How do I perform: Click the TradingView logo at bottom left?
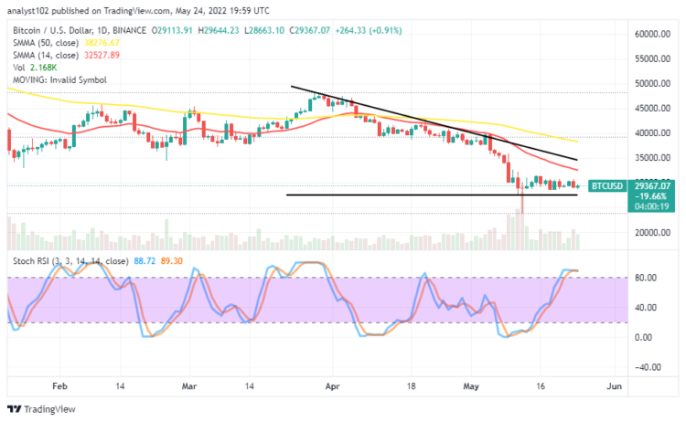pyautogui.click(x=41, y=408)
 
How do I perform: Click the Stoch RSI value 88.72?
pyautogui.click(x=145, y=260)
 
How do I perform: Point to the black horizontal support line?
pyautogui.click(x=412, y=195)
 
